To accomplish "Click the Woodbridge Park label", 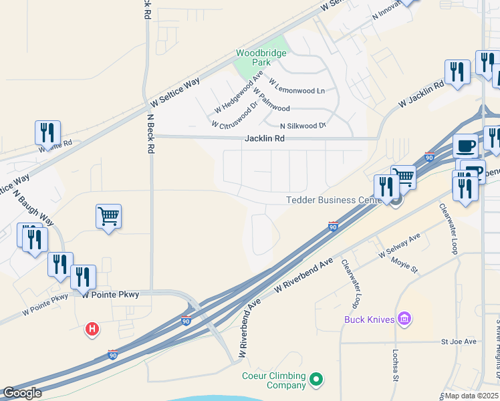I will tap(261, 57).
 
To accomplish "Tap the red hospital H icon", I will tap(93, 329).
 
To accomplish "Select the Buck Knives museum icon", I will tap(404, 319).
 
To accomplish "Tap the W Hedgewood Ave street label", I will tap(234, 97).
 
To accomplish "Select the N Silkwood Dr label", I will tap(302, 126).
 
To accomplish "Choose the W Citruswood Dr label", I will tap(235, 115).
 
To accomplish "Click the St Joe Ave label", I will tap(458, 342).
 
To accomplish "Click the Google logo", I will tap(21, 393).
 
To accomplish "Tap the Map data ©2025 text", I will tap(471, 396).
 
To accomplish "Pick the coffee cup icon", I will tap(465, 146).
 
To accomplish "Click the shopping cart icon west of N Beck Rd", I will tap(108, 217).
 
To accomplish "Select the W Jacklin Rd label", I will tap(421, 95).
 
